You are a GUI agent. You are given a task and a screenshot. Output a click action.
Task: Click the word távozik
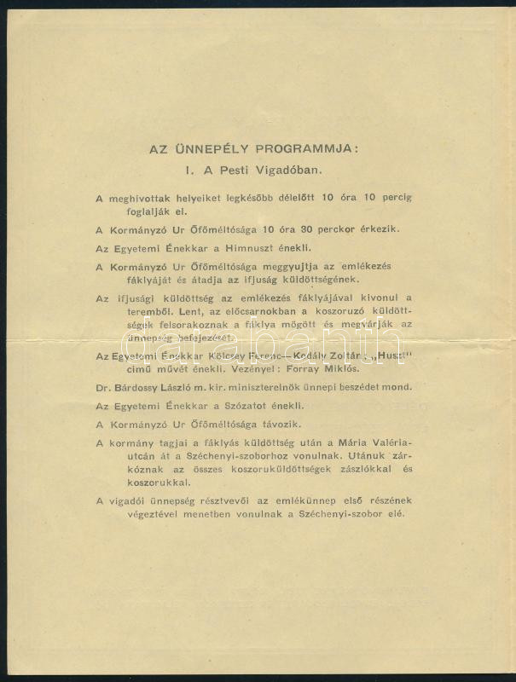[x=278, y=424]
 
